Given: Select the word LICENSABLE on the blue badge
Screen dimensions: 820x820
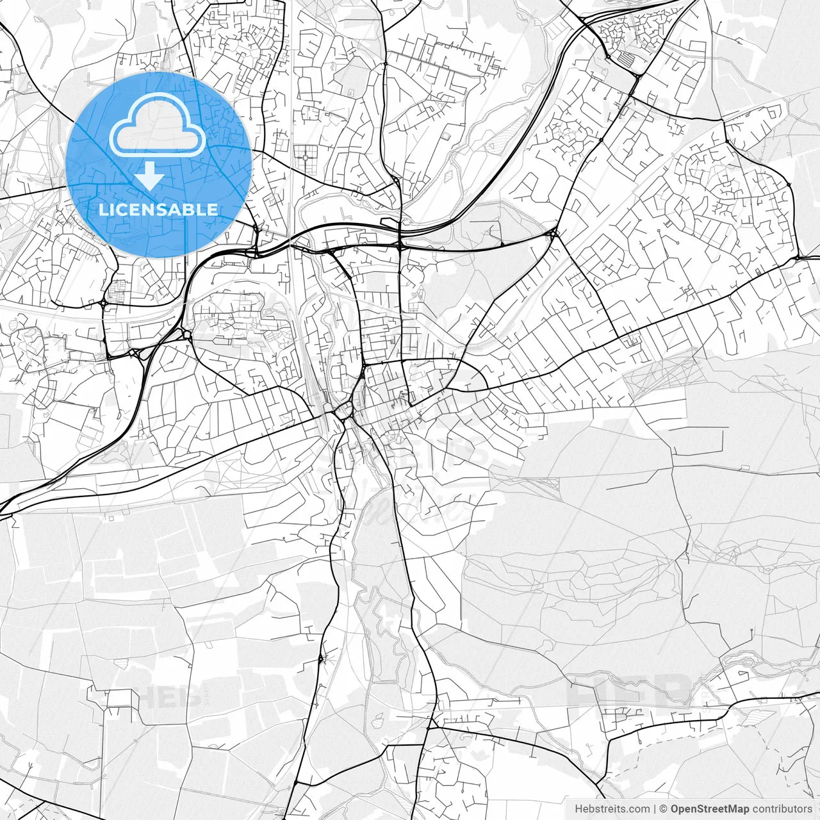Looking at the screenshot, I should [158, 209].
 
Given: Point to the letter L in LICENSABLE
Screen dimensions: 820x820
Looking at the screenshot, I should [103, 209].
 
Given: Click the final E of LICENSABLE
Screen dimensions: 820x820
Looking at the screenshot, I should [212, 209].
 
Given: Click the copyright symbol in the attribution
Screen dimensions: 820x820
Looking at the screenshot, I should [664, 809].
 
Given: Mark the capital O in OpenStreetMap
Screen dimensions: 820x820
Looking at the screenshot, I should [675, 809].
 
